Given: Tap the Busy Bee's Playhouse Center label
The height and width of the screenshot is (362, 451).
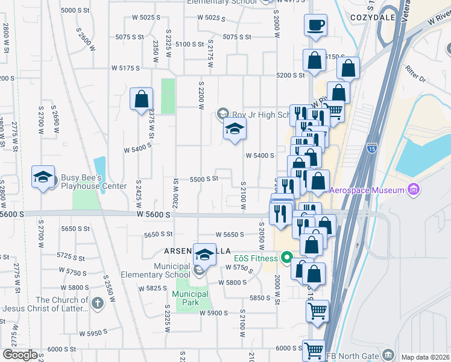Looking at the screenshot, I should [x=93, y=182].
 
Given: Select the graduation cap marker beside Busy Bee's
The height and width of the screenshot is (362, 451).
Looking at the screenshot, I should [x=43, y=177].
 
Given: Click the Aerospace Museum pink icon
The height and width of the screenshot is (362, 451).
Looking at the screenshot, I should [x=413, y=191].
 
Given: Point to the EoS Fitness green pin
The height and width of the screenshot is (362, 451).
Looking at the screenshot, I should [x=287, y=258].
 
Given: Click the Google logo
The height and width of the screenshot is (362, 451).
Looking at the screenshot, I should [x=20, y=355].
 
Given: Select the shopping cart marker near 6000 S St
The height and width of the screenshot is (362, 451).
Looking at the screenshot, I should [x=314, y=350].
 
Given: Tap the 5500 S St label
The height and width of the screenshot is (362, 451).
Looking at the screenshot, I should [x=203, y=179].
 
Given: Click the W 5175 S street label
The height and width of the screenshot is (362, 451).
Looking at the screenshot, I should [x=125, y=68].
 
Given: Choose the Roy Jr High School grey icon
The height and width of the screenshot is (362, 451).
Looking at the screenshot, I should [x=222, y=113].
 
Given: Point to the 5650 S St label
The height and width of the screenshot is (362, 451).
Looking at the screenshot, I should [x=159, y=234].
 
